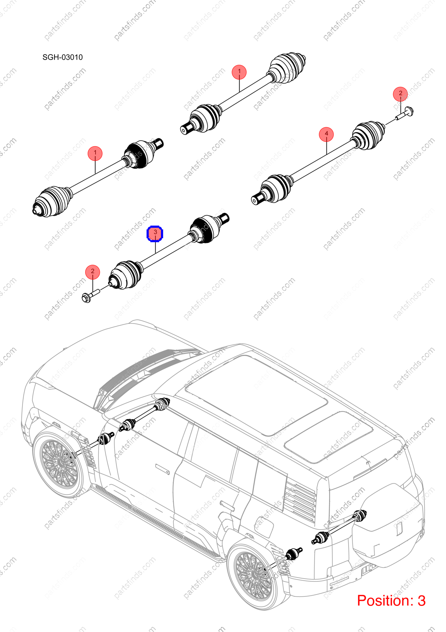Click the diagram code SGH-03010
(x=63, y=57)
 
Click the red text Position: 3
(x=391, y=600)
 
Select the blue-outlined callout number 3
(x=155, y=233)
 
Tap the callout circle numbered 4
(x=326, y=134)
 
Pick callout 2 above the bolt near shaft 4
(x=400, y=94)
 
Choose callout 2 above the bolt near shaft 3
(x=92, y=272)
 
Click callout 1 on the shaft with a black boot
(x=95, y=153)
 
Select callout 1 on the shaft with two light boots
(x=239, y=72)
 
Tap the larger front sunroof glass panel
(x=256, y=395)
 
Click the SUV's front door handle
(x=162, y=469)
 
